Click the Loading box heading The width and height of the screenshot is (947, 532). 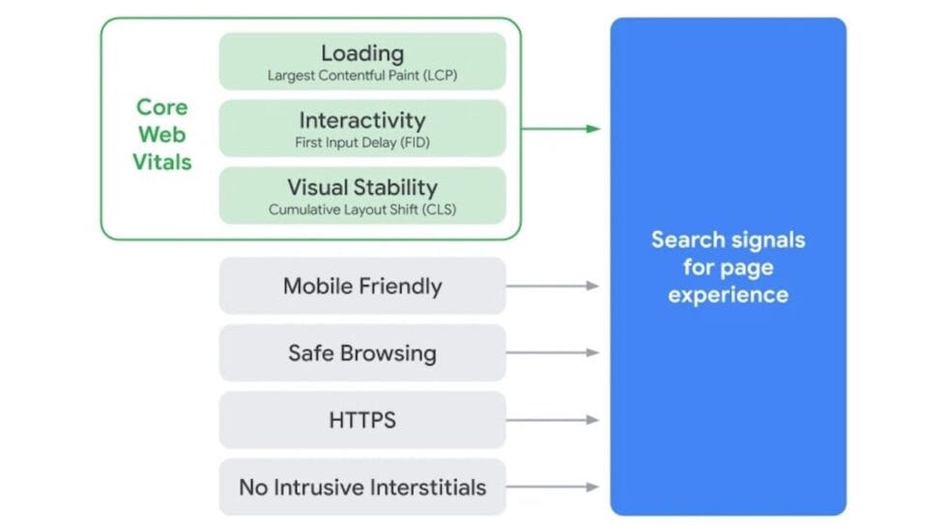[362, 53]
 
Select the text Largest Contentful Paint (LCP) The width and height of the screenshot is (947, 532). [362, 75]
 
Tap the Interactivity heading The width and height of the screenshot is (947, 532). [362, 121]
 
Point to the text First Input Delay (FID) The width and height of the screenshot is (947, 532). [362, 143]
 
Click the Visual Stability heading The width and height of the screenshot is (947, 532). [362, 187]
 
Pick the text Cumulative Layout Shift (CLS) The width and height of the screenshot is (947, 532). [362, 210]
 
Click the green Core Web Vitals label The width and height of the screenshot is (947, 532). [162, 134]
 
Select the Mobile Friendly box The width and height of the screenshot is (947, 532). [362, 286]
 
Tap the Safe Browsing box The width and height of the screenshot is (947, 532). [362, 352]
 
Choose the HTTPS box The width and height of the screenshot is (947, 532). [362, 420]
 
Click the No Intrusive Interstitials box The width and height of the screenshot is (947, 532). [362, 488]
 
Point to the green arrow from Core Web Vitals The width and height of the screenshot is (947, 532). [560, 128]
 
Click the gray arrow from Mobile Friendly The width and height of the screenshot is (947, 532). [553, 286]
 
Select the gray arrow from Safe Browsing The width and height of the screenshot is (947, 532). [553, 352]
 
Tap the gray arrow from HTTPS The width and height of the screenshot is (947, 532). [553, 420]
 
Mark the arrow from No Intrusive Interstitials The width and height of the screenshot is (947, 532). [553, 488]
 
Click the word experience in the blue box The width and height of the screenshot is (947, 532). [728, 294]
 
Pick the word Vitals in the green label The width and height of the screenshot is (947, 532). [162, 162]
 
